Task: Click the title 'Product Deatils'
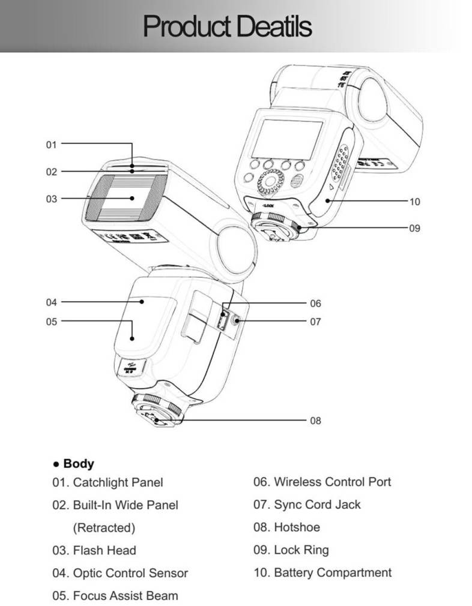click(227, 27)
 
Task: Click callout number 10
click(414, 202)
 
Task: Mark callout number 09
click(414, 228)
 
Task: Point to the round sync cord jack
click(238, 322)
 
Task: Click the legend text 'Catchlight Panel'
click(118, 482)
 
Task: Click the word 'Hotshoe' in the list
click(297, 527)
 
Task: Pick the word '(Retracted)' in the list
click(104, 528)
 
